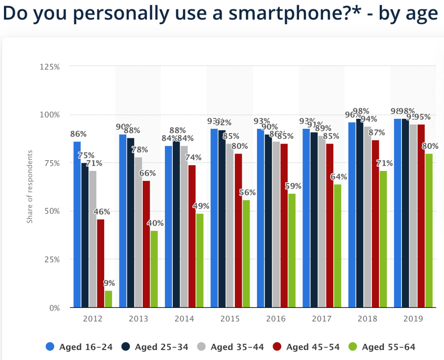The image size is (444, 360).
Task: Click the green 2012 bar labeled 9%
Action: pos(108,299)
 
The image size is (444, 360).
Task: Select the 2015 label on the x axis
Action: pos(230,319)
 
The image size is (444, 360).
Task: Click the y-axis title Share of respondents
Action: pos(30,187)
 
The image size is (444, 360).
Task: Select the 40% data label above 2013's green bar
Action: pos(155,224)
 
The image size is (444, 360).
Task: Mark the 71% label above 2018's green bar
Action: pos(384,164)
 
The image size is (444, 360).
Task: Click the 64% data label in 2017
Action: pos(338,177)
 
